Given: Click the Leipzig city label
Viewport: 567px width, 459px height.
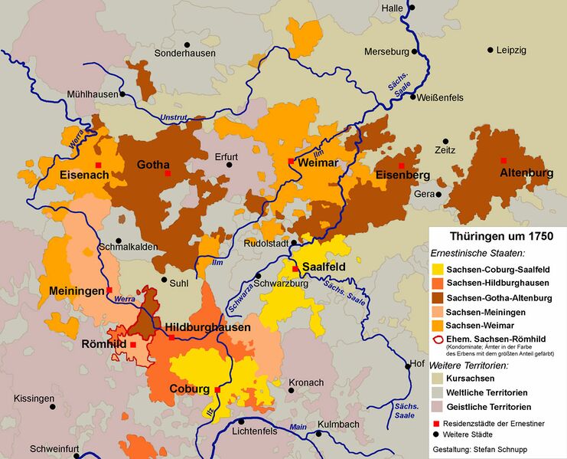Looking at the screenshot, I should pyautogui.click(x=511, y=51).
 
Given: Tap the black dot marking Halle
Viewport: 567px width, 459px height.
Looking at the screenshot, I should pyautogui.click(x=412, y=8).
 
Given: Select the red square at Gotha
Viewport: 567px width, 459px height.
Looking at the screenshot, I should pyautogui.click(x=168, y=174).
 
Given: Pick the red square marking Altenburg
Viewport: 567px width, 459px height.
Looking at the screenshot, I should pyautogui.click(x=503, y=160).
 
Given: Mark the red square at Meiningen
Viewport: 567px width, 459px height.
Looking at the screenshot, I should pyautogui.click(x=109, y=290).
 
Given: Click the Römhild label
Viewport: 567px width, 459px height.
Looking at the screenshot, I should pyautogui.click(x=104, y=344).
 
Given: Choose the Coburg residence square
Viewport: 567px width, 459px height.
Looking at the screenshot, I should pyautogui.click(x=217, y=390).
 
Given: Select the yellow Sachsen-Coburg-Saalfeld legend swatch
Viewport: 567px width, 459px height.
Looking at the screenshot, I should pyautogui.click(x=438, y=269).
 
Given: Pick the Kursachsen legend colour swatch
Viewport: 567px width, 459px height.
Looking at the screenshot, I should pyautogui.click(x=438, y=379).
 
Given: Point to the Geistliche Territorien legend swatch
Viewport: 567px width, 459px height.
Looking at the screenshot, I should pyautogui.click(x=438, y=406).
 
